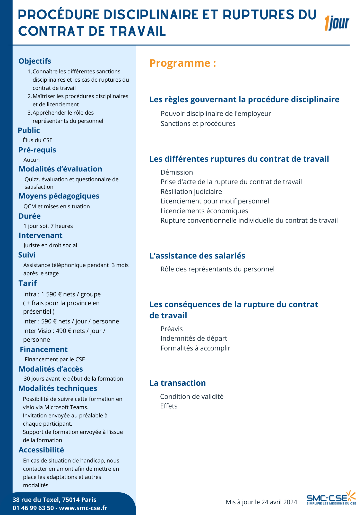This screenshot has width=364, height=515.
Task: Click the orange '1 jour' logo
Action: [x=337, y=23]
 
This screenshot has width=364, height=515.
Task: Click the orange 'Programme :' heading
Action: [x=183, y=63]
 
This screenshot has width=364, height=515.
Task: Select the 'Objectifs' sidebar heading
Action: [x=35, y=61]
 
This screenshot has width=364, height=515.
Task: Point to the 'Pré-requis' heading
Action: [x=37, y=150]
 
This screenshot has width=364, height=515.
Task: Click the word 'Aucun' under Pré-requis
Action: [x=32, y=160]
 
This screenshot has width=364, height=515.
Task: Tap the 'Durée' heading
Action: [x=30, y=216]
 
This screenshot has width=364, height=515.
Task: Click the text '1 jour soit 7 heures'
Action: [x=48, y=226]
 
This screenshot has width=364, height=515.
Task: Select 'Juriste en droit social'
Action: [x=50, y=245]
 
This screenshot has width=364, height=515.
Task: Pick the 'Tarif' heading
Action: [x=28, y=283]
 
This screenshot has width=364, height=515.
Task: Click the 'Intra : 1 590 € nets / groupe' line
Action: [x=62, y=294]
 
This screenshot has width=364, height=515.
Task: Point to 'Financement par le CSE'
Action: [x=55, y=359]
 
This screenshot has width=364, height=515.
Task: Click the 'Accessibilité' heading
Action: [x=41, y=450]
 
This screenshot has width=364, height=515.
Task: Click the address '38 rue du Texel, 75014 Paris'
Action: [x=54, y=500]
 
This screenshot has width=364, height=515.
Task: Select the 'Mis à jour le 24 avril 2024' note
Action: [x=261, y=502]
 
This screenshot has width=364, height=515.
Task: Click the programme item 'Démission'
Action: [x=177, y=172]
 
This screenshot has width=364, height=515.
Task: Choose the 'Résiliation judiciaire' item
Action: [x=191, y=192]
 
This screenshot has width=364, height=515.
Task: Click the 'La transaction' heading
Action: [x=178, y=383]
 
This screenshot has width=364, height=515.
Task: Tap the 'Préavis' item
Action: [x=171, y=329]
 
